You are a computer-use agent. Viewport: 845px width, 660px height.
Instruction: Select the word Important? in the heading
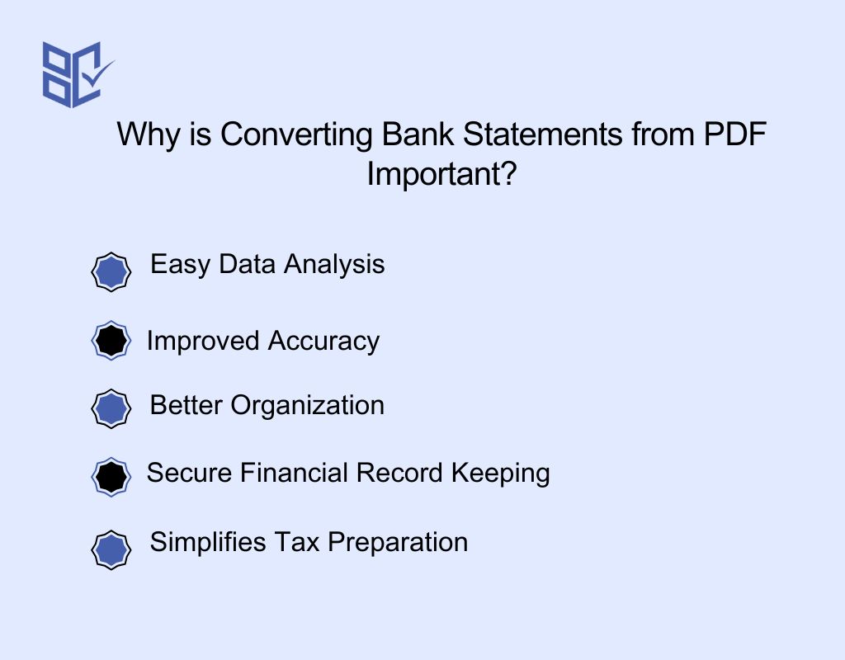point(441,174)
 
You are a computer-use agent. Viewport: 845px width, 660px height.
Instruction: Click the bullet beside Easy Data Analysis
point(111,272)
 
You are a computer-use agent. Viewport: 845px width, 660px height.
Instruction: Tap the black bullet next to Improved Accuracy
point(111,340)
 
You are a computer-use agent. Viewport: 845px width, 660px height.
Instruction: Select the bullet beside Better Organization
point(111,408)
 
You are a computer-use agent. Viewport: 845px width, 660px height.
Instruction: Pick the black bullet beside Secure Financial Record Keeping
point(111,476)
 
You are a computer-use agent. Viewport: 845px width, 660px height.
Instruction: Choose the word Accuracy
point(324,342)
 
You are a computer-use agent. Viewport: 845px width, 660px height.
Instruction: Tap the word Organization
point(307,406)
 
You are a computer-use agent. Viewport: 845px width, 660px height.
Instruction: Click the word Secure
point(190,474)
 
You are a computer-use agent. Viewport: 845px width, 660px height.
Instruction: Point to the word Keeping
point(501,474)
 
